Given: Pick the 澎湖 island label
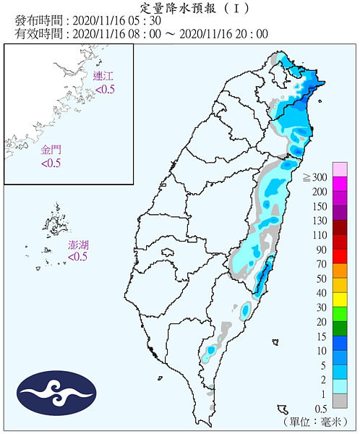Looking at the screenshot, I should coord(79,244).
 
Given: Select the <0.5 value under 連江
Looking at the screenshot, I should coord(106,89).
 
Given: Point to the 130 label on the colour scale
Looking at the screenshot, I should coord(319,221).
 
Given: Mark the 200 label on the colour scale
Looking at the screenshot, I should coord(319,192).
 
